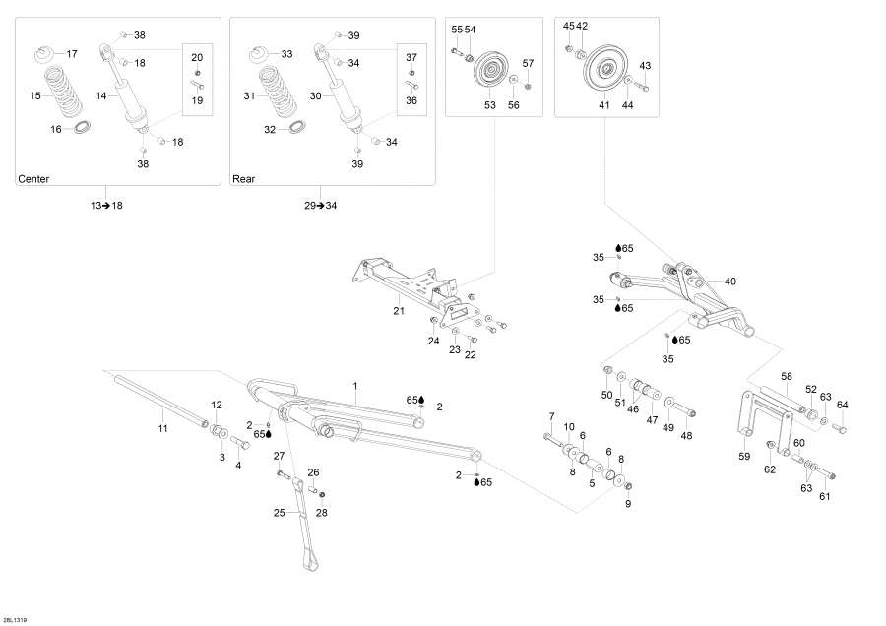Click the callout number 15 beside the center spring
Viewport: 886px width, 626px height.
click(x=36, y=96)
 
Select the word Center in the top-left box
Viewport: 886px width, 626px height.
click(x=33, y=179)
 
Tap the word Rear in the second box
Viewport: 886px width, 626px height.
click(x=243, y=179)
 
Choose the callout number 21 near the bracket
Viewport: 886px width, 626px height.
click(x=399, y=310)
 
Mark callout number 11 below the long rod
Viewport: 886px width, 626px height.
click(x=163, y=428)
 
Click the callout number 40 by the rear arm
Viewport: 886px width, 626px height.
click(x=729, y=282)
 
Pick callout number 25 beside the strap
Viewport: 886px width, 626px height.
click(x=279, y=512)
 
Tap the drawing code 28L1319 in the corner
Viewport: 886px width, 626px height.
click(x=15, y=619)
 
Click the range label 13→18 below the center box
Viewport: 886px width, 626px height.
click(x=105, y=205)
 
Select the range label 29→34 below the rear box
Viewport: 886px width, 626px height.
click(x=320, y=205)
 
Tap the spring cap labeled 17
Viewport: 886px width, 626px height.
click(x=45, y=53)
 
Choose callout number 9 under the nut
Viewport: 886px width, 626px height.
click(x=628, y=503)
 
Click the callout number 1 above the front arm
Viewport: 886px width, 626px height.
click(x=355, y=384)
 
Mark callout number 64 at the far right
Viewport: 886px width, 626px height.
click(x=842, y=405)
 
